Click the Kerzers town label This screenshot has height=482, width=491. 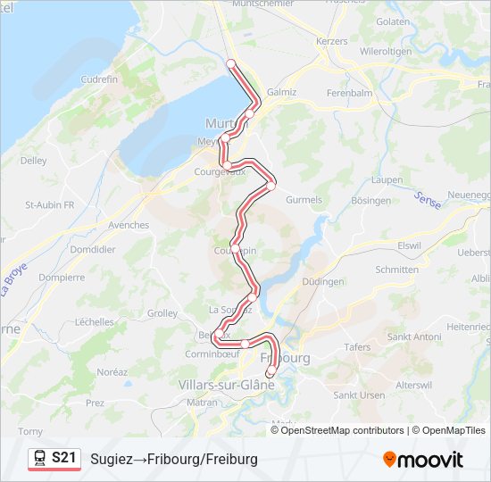tap(331, 41)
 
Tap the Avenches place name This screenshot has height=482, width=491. tap(129, 225)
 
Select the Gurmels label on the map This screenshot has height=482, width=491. tap(304, 200)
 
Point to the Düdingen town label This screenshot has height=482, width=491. tap(323, 281)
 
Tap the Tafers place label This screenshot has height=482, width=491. tap(356, 347)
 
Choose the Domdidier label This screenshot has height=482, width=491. tap(92, 249)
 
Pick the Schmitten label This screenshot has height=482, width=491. tap(397, 269)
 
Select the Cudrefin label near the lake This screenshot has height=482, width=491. tap(99, 79)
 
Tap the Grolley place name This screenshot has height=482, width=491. tap(162, 313)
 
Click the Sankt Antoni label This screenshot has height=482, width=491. tap(414, 337)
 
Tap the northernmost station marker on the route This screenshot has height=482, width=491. tap(230, 62)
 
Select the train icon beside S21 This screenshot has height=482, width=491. tap(40, 458)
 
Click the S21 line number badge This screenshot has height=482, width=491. tap(63, 458)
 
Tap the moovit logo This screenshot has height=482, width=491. tap(423, 459)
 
